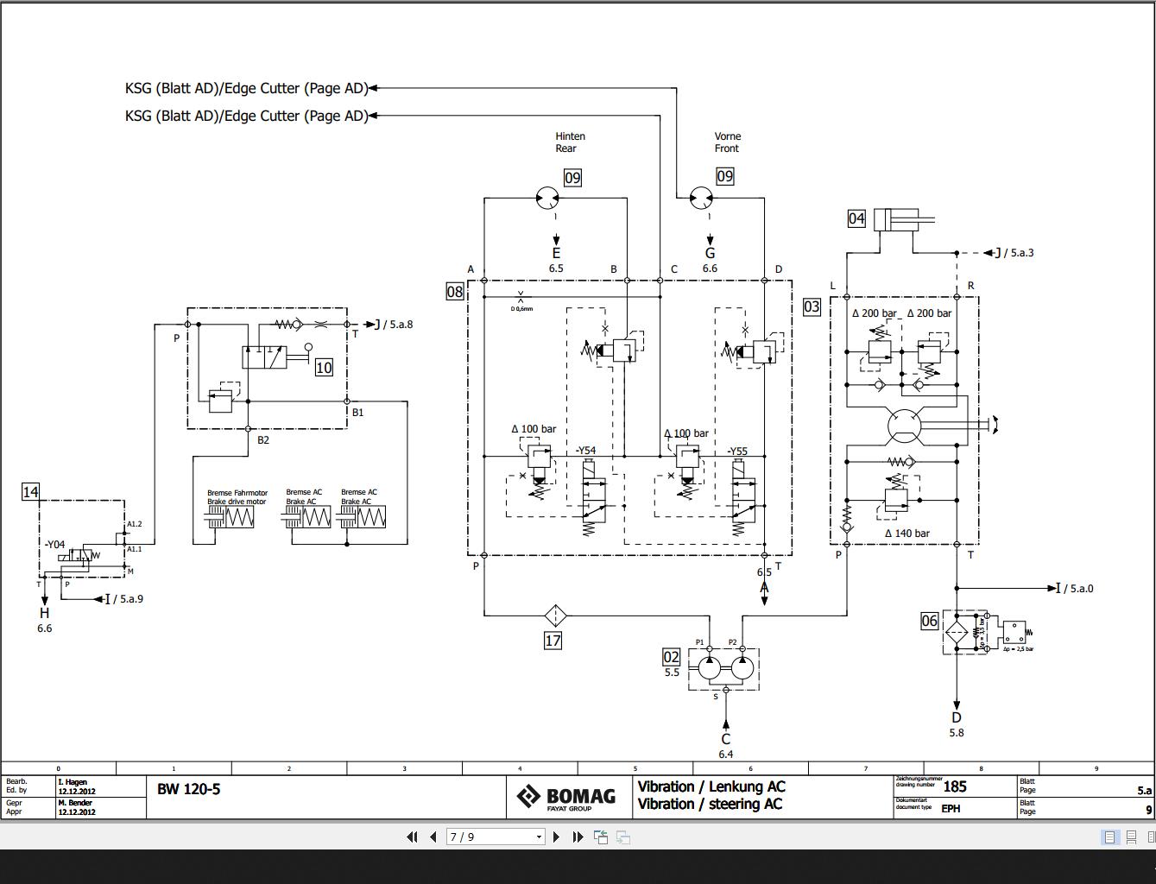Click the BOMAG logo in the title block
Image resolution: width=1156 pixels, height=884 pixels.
pos(565,796)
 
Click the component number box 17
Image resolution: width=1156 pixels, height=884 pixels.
pos(553,641)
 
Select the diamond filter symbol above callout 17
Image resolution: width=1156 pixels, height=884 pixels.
pos(555,615)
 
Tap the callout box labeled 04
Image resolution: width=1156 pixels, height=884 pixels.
pos(856,218)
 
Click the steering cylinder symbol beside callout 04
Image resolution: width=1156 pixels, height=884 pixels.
pos(903,220)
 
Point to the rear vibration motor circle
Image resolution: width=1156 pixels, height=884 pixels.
pos(547,199)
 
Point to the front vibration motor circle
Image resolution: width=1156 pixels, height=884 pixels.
pos(701,199)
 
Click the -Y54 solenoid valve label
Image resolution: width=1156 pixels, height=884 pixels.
pos(586,451)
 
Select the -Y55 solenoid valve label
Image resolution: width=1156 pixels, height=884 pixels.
pos(736,451)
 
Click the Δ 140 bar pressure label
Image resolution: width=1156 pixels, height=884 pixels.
pos(906,534)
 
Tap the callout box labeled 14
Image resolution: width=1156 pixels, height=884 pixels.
pos(30,491)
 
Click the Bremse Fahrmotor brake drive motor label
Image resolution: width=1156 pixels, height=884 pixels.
pos(237,496)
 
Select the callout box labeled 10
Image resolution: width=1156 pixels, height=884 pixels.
pos(324,368)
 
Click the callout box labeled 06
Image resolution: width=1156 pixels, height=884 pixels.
pos(929,621)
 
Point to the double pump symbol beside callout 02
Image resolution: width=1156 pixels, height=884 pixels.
pos(723,667)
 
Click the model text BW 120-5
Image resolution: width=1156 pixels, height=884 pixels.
pos(189,789)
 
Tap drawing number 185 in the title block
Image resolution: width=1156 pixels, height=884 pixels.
pos(955,786)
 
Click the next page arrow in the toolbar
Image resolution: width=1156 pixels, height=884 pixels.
pos(556,837)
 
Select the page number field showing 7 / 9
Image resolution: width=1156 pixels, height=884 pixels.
pos(495,837)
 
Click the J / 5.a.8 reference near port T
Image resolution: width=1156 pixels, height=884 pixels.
pos(393,325)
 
